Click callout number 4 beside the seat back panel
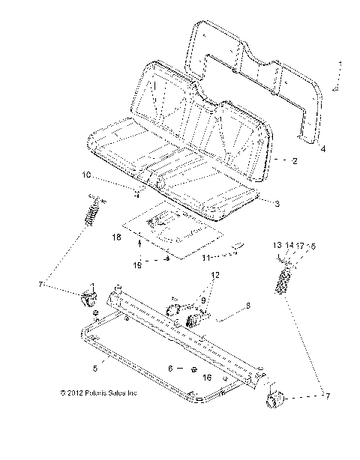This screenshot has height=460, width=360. tap(323, 149)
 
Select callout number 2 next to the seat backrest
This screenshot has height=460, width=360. tap(295, 160)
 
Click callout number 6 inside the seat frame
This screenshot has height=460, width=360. tap(170, 368)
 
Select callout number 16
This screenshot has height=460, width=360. tap(208, 378)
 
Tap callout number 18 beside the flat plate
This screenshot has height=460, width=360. tap(116, 237)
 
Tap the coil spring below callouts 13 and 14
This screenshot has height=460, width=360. tap(284, 284)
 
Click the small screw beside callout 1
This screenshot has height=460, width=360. tap(336, 88)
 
